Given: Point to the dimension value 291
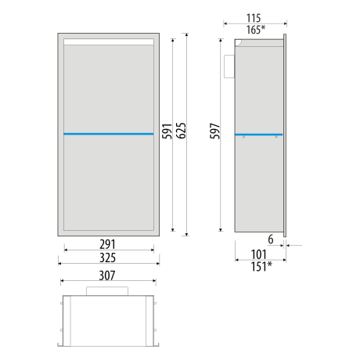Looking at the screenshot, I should click(x=108, y=244).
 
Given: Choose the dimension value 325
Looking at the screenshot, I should click(x=108, y=256).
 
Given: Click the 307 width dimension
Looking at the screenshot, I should click(x=108, y=275).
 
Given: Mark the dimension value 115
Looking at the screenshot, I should click(x=254, y=17).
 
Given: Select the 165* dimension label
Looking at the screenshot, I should click(x=255, y=29).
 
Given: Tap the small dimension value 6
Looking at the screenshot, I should click(x=270, y=240).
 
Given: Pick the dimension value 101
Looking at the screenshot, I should click(x=259, y=253).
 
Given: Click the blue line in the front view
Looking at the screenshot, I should click(x=108, y=134).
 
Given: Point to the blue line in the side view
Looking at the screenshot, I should click(x=258, y=134).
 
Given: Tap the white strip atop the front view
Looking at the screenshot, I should click(x=108, y=41).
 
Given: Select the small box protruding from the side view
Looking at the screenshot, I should click(x=231, y=66).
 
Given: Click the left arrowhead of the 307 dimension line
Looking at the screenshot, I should click(x=62, y=283).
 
